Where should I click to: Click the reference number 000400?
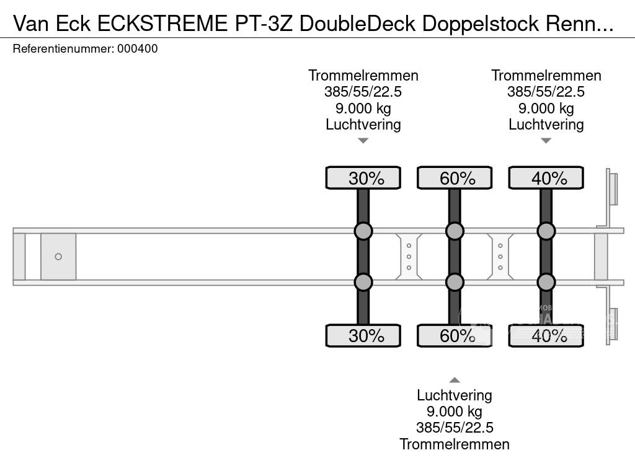(137, 49)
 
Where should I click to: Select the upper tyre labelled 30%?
(363, 178)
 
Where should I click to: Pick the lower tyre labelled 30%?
(363, 336)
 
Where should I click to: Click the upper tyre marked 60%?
(455, 178)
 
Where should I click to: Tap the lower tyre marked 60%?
(455, 336)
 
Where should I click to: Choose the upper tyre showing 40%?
(546, 178)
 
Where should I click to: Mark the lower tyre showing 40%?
(546, 336)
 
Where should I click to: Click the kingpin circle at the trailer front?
(58, 257)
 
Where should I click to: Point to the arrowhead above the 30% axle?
(363, 141)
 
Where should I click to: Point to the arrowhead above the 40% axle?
(546, 141)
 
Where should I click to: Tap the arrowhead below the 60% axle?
(455, 380)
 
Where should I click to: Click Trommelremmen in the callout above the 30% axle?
(363, 76)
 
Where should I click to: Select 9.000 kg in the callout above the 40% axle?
(546, 108)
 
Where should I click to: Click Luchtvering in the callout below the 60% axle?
(455, 395)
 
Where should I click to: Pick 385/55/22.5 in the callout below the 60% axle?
(455, 428)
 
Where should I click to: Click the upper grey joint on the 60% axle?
(455, 231)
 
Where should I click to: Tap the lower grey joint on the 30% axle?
(363, 282)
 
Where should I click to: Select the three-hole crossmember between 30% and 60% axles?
(409, 257)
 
